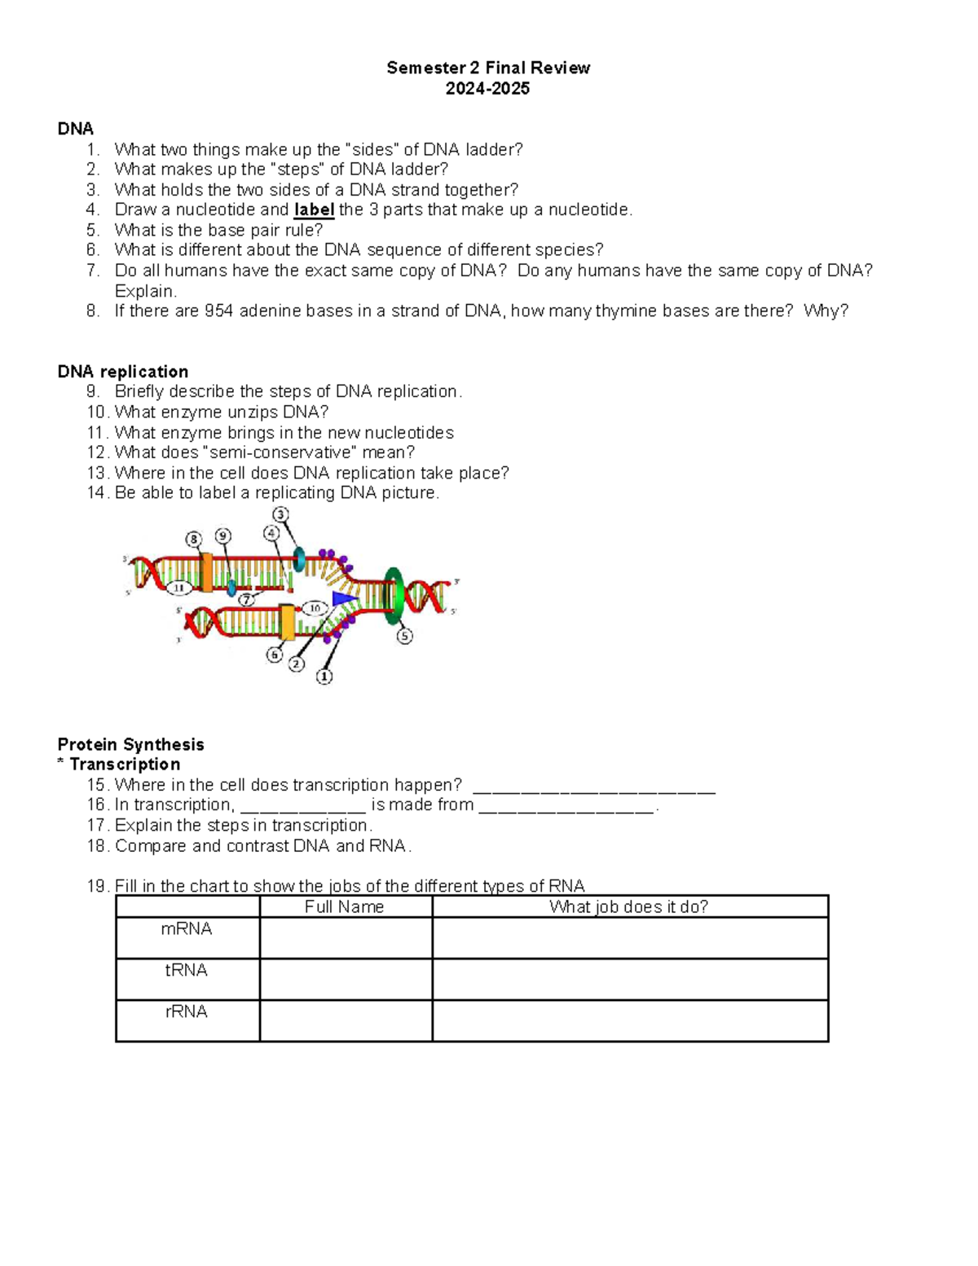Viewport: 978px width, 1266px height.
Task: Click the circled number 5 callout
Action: pos(404,636)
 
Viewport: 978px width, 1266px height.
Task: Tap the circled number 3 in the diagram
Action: pos(280,514)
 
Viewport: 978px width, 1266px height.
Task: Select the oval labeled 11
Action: pos(179,588)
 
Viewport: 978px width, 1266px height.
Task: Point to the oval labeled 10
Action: pos(315,608)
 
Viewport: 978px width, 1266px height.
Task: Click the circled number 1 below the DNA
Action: pos(324,677)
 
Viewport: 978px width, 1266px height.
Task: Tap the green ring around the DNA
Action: pos(394,595)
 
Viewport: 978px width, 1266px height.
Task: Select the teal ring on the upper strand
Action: pos(299,559)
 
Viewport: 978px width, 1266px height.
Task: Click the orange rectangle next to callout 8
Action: pos(206,573)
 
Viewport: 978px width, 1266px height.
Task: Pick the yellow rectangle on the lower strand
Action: pos(287,622)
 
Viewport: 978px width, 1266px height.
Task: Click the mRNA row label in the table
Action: pos(187,929)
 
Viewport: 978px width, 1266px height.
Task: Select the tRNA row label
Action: pos(187,970)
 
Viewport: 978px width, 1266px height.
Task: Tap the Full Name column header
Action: pos(344,906)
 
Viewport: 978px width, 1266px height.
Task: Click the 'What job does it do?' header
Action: pos(628,906)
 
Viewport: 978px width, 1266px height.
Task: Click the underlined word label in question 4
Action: pos(314,210)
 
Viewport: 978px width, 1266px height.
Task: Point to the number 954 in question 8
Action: pos(219,311)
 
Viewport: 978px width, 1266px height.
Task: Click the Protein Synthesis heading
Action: pos(130,744)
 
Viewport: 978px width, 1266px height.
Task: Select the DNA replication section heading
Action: pos(122,372)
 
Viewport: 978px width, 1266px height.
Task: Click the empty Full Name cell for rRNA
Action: pos(346,1021)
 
